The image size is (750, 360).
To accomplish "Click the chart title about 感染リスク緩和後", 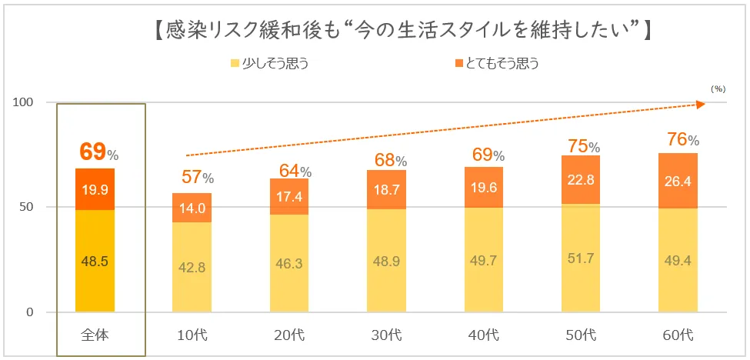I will [401, 32].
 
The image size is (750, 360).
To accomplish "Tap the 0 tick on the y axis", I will [31, 312].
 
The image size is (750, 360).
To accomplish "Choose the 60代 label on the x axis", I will [676, 335].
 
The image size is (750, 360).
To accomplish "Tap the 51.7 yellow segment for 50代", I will [581, 258].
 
